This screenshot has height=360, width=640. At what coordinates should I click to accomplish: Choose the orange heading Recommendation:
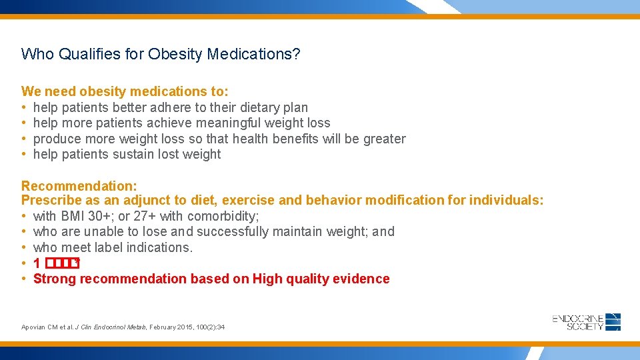coord(69,185)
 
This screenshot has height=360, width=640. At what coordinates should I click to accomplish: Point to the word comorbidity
coord(223,216)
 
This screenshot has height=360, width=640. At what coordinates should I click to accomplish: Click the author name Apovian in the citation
coord(34,327)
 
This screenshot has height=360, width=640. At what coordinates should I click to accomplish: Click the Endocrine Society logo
coord(586,322)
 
